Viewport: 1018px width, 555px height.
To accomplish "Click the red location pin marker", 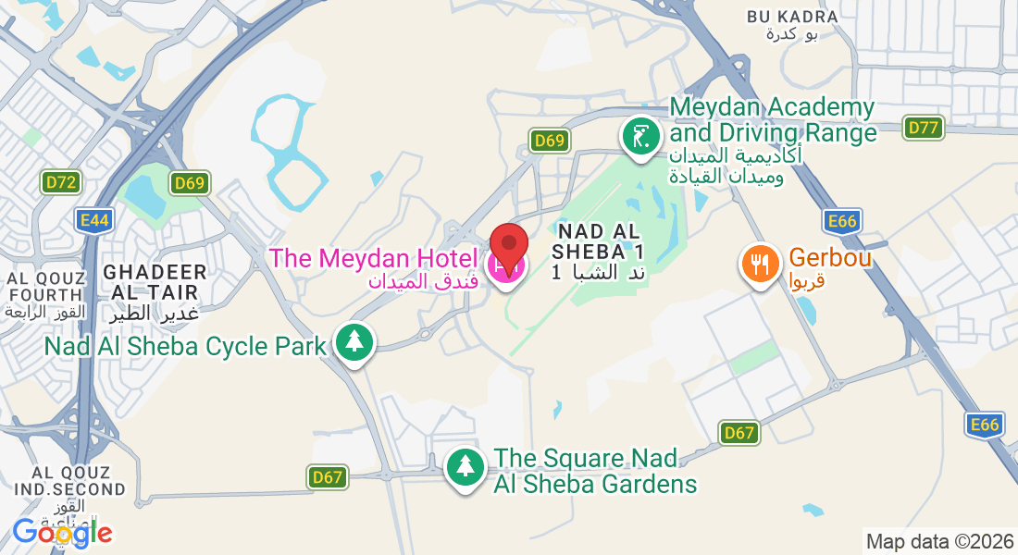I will point(508,245).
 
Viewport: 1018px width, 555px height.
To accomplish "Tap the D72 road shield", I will point(61,183).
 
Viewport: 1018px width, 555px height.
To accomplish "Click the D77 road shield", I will point(924,128).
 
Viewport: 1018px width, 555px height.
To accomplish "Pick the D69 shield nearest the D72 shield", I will point(189,183).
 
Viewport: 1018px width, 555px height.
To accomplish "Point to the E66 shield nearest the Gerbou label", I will point(842,220).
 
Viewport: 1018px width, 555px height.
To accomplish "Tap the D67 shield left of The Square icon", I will point(328,477).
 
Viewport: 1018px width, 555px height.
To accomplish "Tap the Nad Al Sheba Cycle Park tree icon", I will point(354,343).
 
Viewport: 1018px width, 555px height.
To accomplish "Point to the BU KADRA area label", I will point(791,17).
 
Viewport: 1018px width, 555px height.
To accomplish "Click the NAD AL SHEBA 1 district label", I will point(597,240).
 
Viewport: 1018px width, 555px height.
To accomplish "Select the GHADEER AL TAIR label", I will point(155,281).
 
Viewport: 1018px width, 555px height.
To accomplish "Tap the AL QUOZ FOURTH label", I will point(45,287).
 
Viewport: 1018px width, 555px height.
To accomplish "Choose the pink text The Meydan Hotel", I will point(373,258).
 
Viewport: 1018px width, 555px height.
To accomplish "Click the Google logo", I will point(61,533).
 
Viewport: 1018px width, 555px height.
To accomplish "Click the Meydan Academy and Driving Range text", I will point(773,120).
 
